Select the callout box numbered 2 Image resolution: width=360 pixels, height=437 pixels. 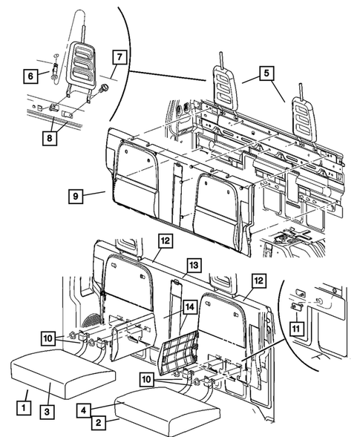point(96,424)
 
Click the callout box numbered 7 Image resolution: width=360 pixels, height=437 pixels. point(117,57)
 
